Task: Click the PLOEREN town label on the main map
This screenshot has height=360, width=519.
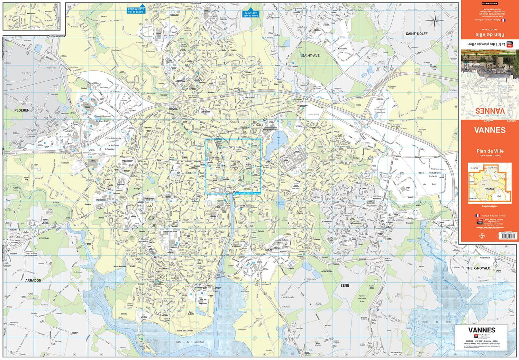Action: click(x=22, y=110)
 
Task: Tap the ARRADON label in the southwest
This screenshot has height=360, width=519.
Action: click(x=33, y=280)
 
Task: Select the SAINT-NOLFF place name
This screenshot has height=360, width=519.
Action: click(x=417, y=34)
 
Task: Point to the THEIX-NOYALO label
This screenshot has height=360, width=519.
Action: click(x=478, y=268)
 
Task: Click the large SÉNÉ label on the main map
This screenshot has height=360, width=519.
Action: click(x=345, y=286)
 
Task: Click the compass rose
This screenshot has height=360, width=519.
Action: click(x=435, y=21)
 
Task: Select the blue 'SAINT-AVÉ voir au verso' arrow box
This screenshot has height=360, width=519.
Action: click(x=251, y=14)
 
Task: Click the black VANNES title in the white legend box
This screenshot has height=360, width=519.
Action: click(x=482, y=330)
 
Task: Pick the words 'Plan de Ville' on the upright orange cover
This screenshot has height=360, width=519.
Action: click(x=490, y=151)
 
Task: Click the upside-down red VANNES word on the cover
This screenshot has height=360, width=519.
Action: click(x=490, y=111)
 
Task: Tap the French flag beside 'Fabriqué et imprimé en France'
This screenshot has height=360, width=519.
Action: click(x=477, y=216)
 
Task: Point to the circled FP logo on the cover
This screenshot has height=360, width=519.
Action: click(x=482, y=236)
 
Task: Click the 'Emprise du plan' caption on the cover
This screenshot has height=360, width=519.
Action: click(x=490, y=206)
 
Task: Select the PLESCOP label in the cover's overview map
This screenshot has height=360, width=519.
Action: click(x=474, y=168)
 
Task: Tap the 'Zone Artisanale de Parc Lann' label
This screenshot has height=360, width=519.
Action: click(x=102, y=119)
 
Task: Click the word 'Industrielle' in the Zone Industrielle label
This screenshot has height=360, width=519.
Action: click(x=435, y=172)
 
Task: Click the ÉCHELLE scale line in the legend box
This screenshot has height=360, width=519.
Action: click(x=481, y=341)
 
